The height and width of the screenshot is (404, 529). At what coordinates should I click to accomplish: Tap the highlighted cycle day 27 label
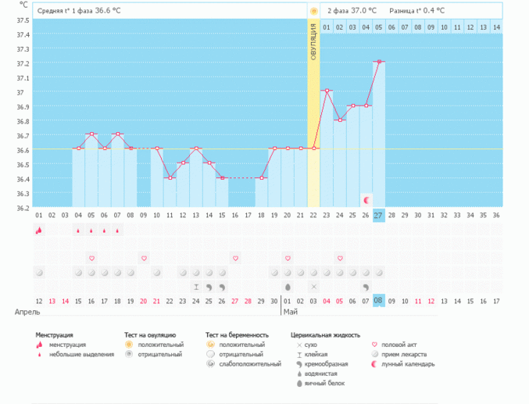coord(378,215)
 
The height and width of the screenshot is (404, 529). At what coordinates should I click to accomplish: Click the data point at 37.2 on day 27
coord(378,62)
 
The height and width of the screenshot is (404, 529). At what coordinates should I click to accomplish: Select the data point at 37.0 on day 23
coord(327,91)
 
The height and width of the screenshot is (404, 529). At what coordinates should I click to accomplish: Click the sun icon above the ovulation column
coord(313,11)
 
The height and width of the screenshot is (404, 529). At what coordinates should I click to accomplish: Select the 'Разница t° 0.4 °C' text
coord(418,11)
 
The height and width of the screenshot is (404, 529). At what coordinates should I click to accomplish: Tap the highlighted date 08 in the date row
coord(378,301)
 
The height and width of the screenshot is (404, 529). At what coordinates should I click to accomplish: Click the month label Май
coord(290,312)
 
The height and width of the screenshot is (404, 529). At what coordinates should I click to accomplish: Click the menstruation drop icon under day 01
coord(39,231)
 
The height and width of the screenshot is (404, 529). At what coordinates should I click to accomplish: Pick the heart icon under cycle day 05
coord(91,258)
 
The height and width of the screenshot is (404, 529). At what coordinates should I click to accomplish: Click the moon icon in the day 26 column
coord(366,200)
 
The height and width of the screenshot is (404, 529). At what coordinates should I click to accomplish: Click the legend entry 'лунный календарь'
coord(413,364)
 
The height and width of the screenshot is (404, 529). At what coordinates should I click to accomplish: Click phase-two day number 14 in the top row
coord(495,27)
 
